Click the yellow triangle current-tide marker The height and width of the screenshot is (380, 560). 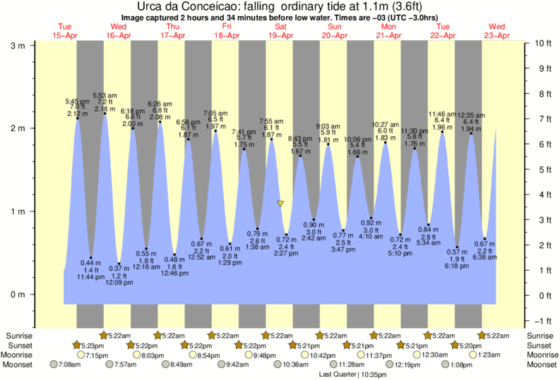280,204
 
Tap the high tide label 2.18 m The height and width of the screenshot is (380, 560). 105,109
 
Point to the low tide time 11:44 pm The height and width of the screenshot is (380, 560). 91,278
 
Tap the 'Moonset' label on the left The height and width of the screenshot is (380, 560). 20,364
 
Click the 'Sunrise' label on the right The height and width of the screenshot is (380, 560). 540,335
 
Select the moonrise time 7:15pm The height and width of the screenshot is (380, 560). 96,355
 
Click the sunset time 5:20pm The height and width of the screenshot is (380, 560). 465,345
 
